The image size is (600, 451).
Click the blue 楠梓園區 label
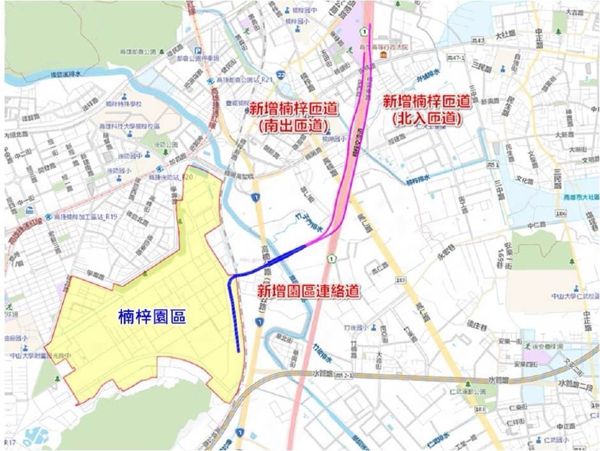coord(153,316)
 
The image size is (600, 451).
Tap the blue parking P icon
coord(197,52)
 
